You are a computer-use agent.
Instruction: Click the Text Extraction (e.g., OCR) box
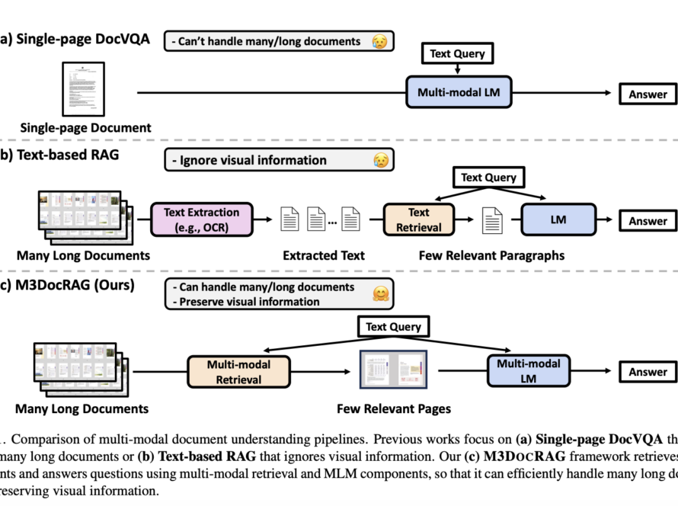tap(201, 219)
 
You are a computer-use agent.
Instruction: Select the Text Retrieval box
tap(418, 219)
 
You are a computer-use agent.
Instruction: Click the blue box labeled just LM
tap(558, 219)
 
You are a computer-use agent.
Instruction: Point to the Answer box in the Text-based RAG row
tap(648, 221)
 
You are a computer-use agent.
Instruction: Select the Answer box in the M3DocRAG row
tap(648, 373)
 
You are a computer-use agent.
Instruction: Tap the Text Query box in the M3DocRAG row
tap(392, 327)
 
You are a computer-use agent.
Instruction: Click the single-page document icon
tap(83, 89)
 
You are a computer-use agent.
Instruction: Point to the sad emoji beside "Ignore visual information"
tap(379, 161)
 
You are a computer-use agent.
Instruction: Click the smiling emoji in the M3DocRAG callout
tap(379, 293)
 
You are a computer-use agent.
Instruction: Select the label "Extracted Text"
tap(324, 255)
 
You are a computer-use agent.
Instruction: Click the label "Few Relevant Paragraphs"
tap(491, 255)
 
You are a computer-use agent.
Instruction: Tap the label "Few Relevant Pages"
tap(393, 408)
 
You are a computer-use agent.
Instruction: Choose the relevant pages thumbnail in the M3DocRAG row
tap(393, 372)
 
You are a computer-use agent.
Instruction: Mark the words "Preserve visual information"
tap(249, 301)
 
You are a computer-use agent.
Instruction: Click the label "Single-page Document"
tap(85, 128)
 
